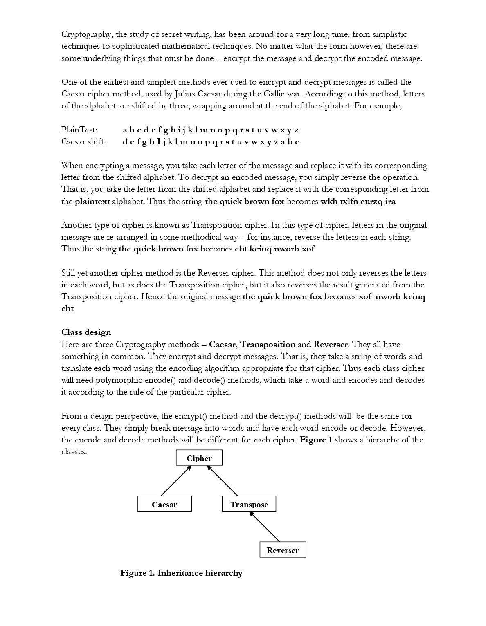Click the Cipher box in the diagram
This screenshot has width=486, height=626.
tap(199, 458)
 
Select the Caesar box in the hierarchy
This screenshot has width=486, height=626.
tap(164, 504)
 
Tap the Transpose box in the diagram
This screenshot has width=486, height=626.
tap(249, 504)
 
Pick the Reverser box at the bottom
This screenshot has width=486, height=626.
tap(283, 550)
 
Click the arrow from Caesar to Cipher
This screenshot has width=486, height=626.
tap(176, 480)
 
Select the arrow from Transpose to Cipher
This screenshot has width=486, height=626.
tap(223, 480)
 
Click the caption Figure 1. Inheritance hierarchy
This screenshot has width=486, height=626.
tap(181, 573)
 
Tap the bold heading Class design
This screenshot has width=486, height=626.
tap(86, 332)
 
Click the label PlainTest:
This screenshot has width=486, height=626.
tap(79, 130)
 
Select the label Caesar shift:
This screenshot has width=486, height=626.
tap(83, 142)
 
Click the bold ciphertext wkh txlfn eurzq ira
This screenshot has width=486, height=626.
tap(358, 202)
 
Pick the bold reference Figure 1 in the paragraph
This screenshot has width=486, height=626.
tap(316, 440)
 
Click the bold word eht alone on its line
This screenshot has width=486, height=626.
tap(67, 309)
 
